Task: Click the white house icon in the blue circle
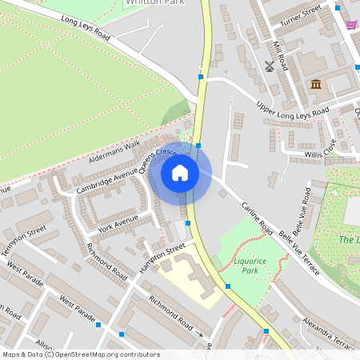[x=180, y=172]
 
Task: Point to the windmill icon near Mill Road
[x=270, y=66]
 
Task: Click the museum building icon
[x=316, y=84]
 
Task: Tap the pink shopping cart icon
[x=351, y=24]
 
